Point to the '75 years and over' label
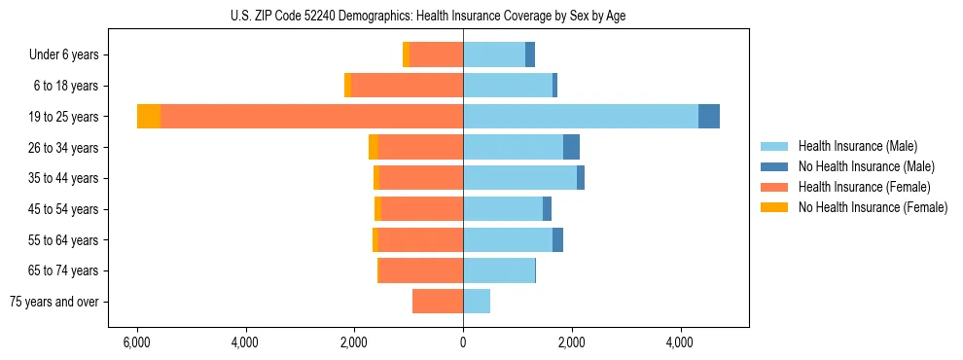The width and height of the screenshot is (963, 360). (x=54, y=302)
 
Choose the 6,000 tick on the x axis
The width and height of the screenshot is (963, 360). (x=137, y=342)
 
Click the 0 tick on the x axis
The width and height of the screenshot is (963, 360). (x=463, y=342)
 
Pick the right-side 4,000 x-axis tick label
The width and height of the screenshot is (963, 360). (x=680, y=342)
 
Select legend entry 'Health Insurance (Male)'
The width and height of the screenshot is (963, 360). (x=857, y=146)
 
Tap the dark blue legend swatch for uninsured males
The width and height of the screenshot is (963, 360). (x=774, y=166)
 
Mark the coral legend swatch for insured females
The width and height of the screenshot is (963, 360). (x=774, y=187)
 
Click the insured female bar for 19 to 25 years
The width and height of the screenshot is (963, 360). (x=311, y=117)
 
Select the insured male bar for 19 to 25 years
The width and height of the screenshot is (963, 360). (x=581, y=117)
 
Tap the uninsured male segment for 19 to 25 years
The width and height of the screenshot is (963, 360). (x=709, y=117)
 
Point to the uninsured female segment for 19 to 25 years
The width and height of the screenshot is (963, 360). (x=149, y=117)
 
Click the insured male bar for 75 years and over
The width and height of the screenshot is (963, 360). (x=477, y=302)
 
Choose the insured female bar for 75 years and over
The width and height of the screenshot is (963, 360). (x=438, y=302)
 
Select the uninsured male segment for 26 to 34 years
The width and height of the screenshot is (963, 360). (x=571, y=148)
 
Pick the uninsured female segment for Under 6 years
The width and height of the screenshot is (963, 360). (x=406, y=55)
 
